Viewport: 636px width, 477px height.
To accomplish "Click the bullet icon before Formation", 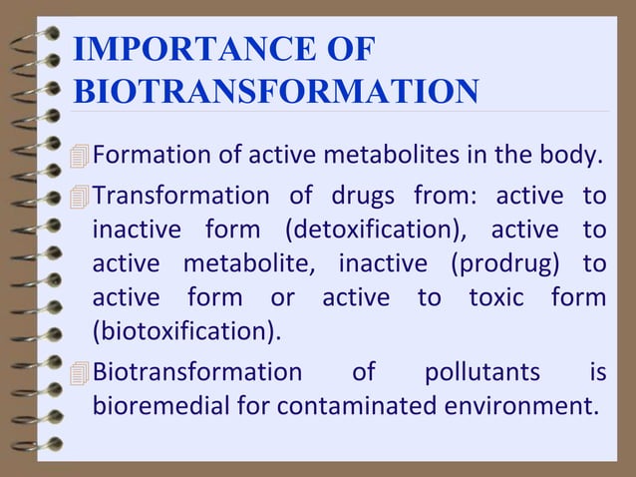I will point(80,157).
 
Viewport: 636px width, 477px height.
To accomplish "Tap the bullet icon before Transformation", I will point(80,195).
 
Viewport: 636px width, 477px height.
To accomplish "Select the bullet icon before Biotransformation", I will point(80,373).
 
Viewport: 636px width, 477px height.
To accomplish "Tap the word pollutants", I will point(482,372).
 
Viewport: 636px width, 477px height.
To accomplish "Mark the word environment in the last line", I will point(521,407).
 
